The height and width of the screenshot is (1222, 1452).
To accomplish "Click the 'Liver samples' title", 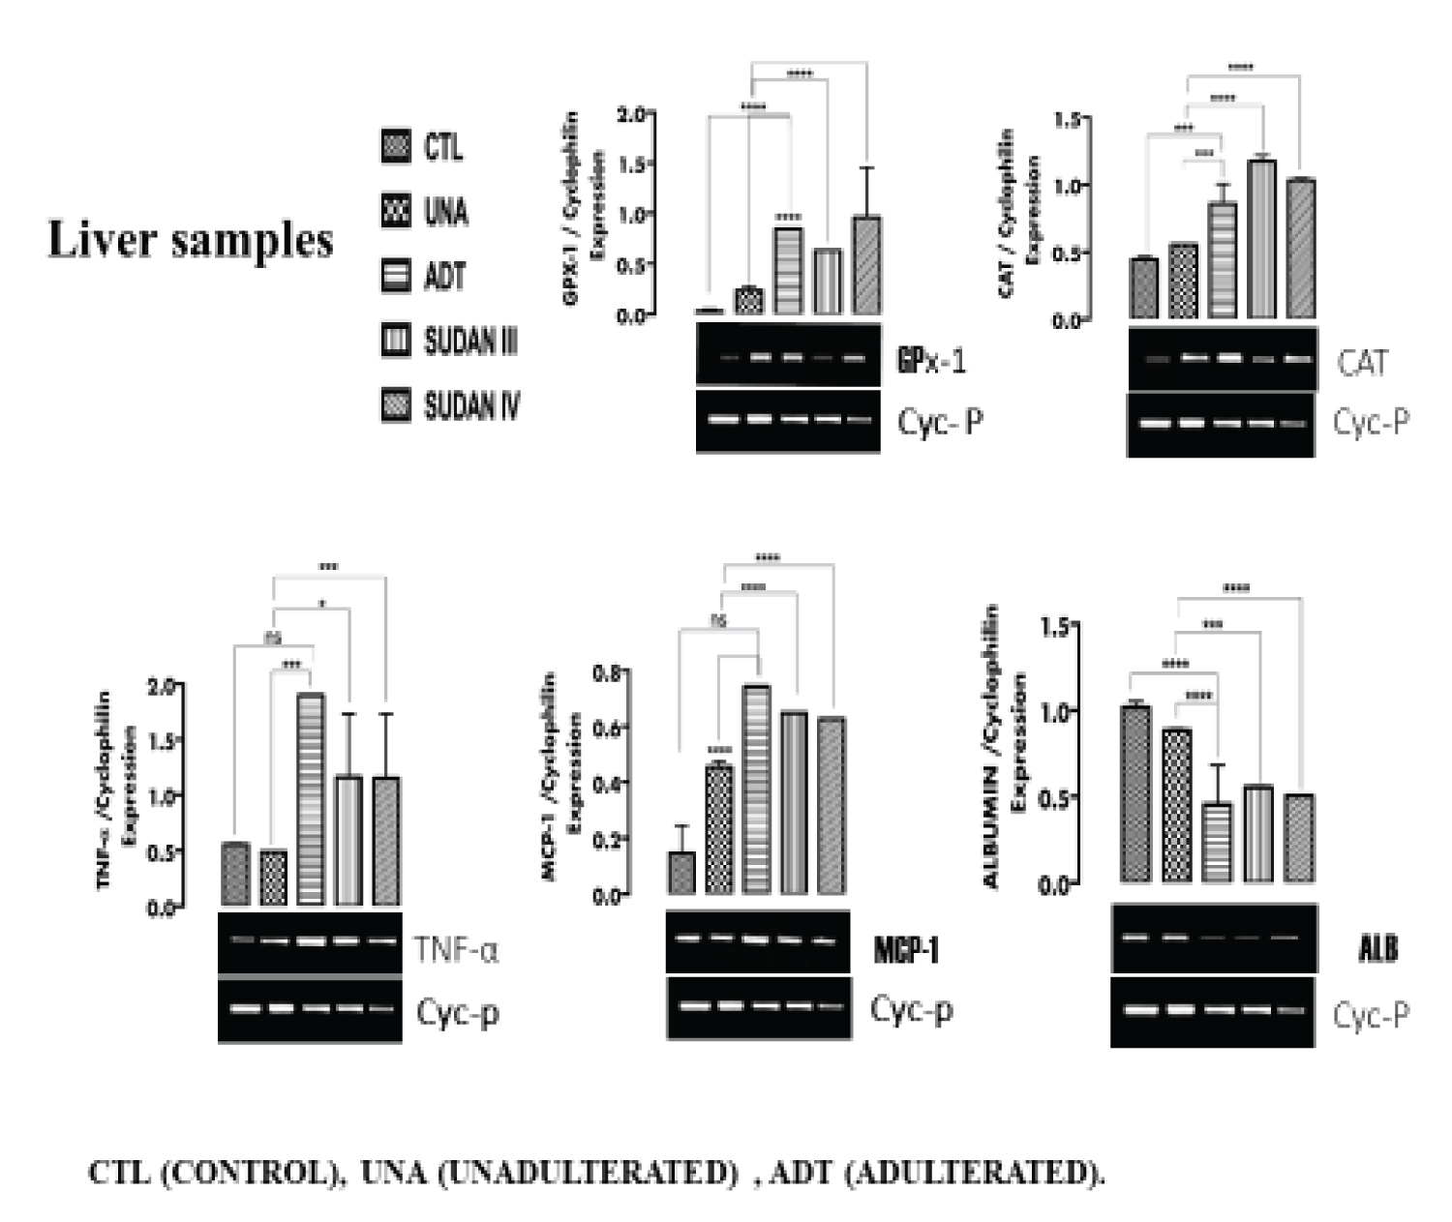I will click(191, 239).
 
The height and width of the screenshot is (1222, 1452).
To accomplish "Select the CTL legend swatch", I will click(396, 146).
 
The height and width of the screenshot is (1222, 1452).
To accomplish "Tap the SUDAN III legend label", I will click(470, 341).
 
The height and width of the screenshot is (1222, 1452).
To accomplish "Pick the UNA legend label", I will click(446, 211).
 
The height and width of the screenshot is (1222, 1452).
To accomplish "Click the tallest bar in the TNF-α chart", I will click(311, 799).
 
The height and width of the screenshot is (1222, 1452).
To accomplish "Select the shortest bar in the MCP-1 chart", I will click(681, 872).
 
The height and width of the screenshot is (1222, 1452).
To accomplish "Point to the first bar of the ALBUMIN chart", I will click(1134, 793).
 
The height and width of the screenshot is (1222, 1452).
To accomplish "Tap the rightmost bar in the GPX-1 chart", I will click(866, 266).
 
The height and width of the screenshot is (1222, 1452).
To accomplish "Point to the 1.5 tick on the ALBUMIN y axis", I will click(1054, 627).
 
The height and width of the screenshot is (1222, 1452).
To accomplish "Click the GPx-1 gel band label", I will click(931, 361).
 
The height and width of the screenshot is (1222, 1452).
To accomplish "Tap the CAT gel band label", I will click(1362, 363).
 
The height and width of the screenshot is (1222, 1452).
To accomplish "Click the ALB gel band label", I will click(1378, 948).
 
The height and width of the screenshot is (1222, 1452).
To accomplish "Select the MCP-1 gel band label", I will click(906, 950).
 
